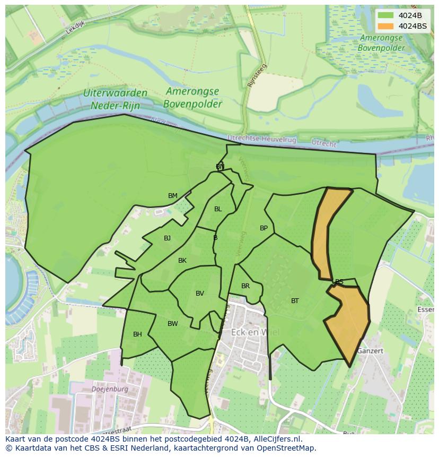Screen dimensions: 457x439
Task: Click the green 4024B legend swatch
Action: coord(385,15)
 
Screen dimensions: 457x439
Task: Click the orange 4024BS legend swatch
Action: coord(385,26)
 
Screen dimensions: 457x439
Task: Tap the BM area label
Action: coord(173,196)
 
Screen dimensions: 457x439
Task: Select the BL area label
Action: coord(218,209)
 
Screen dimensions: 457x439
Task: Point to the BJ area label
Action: coord(168,238)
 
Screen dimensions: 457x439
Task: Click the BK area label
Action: coord(182,261)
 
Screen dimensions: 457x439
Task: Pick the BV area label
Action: coord(200,294)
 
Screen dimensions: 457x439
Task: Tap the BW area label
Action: coord(173,324)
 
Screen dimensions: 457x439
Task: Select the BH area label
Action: coord(137,334)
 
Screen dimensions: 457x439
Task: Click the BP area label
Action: coord(264,228)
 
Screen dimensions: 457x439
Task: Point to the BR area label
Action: coord(245,286)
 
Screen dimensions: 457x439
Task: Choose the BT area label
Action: coord(295,301)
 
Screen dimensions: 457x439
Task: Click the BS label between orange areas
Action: coord(339,282)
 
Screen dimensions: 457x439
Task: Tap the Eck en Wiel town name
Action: coord(255,332)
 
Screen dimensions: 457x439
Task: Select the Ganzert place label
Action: coord(370,351)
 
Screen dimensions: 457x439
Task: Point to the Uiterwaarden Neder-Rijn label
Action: coord(115,99)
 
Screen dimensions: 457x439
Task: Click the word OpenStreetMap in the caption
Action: coord(286,448)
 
